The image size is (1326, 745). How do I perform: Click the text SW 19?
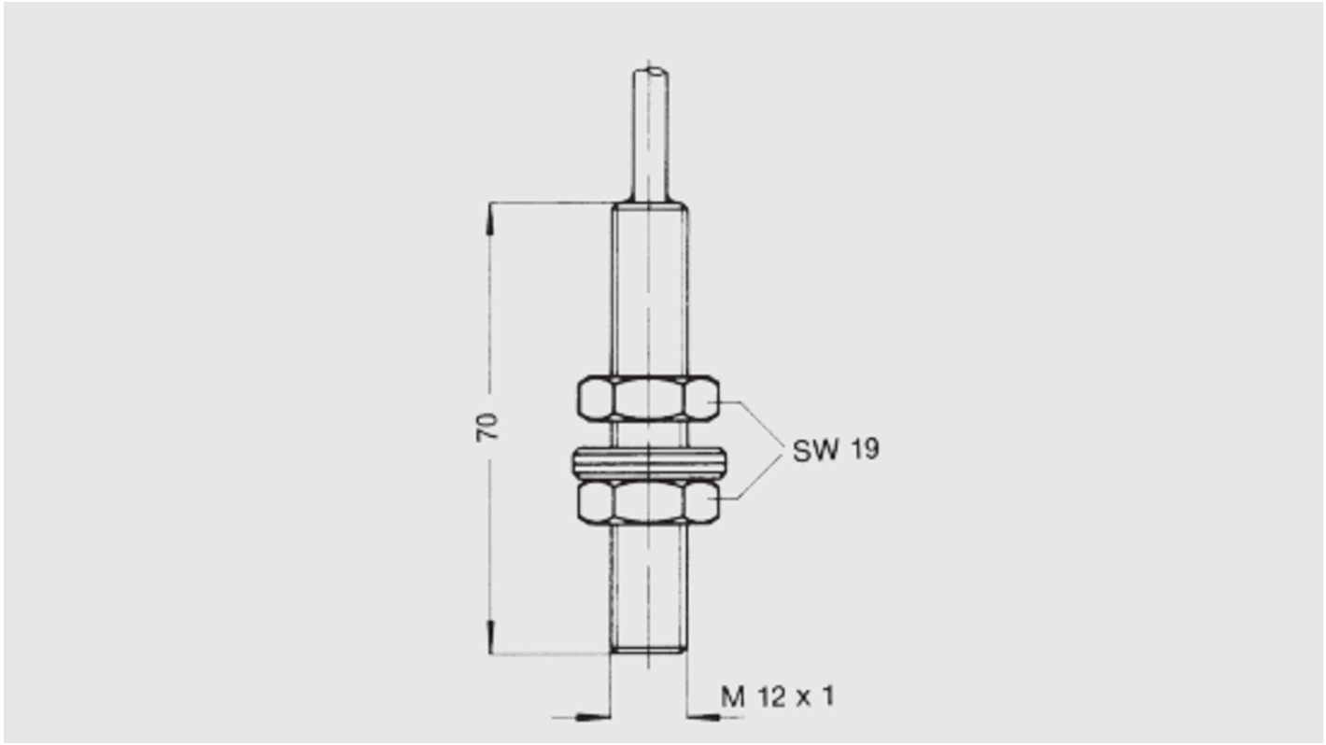[x=835, y=450]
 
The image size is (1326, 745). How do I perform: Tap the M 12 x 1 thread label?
[x=777, y=696]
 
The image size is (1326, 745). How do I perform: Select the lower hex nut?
[x=649, y=502]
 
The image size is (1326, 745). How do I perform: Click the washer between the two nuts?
[x=649, y=461]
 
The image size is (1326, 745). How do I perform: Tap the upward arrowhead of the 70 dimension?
[x=489, y=220]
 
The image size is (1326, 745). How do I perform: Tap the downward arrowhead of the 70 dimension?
[x=489, y=637]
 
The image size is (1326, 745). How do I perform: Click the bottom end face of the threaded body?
[x=649, y=653]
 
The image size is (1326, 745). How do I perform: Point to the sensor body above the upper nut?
[x=649, y=289]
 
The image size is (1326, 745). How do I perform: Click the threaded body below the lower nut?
[x=649, y=583]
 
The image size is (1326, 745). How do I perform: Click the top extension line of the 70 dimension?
[x=551, y=203]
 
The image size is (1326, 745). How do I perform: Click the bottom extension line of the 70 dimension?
[x=551, y=654]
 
